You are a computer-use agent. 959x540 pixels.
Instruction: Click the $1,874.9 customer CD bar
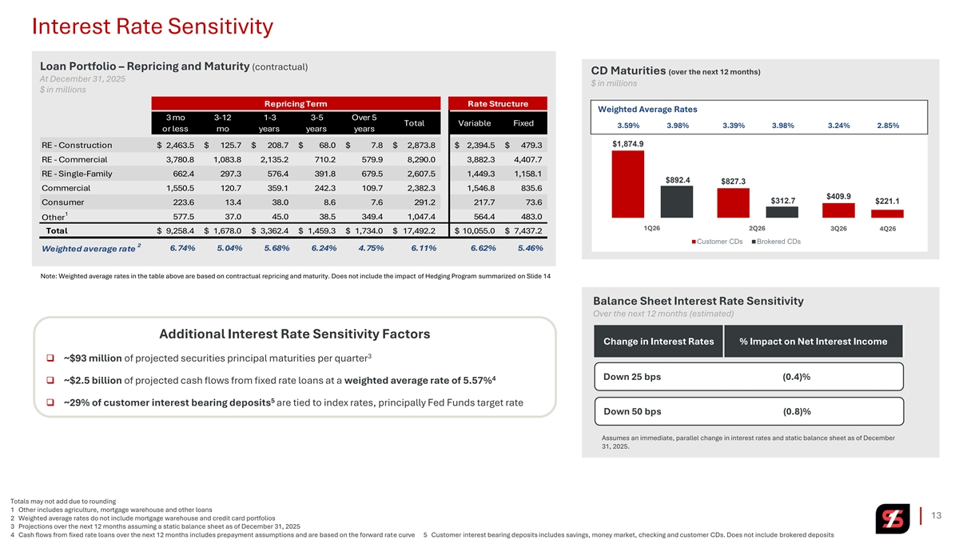[x=628, y=184]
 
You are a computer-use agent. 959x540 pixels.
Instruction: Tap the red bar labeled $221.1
[x=887, y=214]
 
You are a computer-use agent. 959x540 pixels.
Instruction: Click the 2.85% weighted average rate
[x=886, y=126]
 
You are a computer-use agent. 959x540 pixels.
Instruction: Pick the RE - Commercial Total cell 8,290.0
[x=421, y=159]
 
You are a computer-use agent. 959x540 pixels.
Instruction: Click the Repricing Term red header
[x=296, y=103]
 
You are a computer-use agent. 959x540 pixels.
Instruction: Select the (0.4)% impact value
[x=797, y=377]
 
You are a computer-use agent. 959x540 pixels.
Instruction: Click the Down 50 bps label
[x=631, y=411]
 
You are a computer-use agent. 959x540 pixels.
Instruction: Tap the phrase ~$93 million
[x=92, y=357]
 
